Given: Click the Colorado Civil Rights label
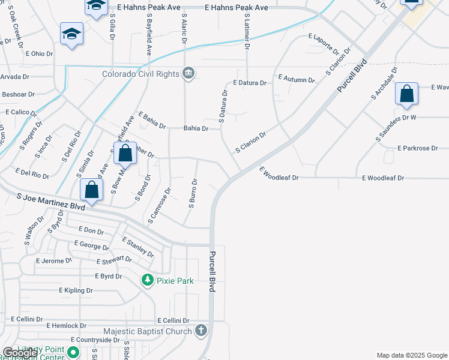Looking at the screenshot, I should click(x=141, y=74).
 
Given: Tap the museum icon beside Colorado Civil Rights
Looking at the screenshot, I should click(x=188, y=73).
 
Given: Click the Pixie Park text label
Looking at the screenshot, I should click(x=175, y=281).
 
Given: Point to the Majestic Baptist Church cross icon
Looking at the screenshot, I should click(x=201, y=331).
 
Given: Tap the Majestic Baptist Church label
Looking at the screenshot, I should click(x=148, y=331).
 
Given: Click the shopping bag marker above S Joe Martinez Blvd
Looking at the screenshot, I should click(x=92, y=191).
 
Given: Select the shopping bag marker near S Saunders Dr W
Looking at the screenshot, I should click(x=406, y=94).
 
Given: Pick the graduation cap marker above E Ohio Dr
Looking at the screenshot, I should click(x=71, y=34).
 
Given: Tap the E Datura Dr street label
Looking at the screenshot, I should click(x=249, y=83).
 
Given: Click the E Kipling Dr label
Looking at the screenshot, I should click(x=76, y=290).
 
